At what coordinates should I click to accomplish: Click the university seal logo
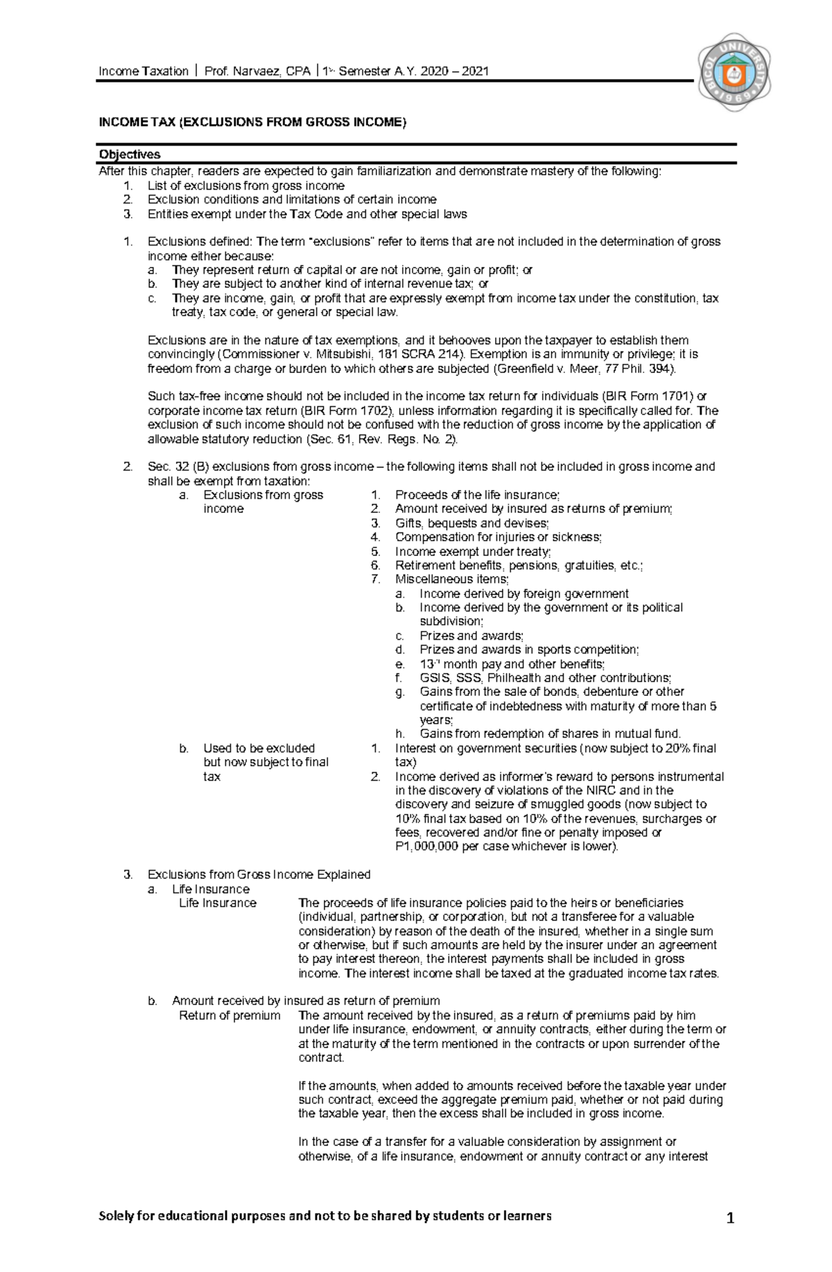tap(734, 72)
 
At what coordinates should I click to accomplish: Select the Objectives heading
tap(130, 154)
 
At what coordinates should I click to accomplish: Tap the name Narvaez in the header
tap(255, 71)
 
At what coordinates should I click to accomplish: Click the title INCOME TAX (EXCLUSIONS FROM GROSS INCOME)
tap(252, 123)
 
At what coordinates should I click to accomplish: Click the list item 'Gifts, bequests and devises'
tap(471, 523)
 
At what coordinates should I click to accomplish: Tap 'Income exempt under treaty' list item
tap(473, 552)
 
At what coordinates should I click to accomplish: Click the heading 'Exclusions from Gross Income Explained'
tap(259, 875)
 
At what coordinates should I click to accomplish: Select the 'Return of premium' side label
tap(229, 1016)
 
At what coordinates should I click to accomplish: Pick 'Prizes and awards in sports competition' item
tap(529, 650)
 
